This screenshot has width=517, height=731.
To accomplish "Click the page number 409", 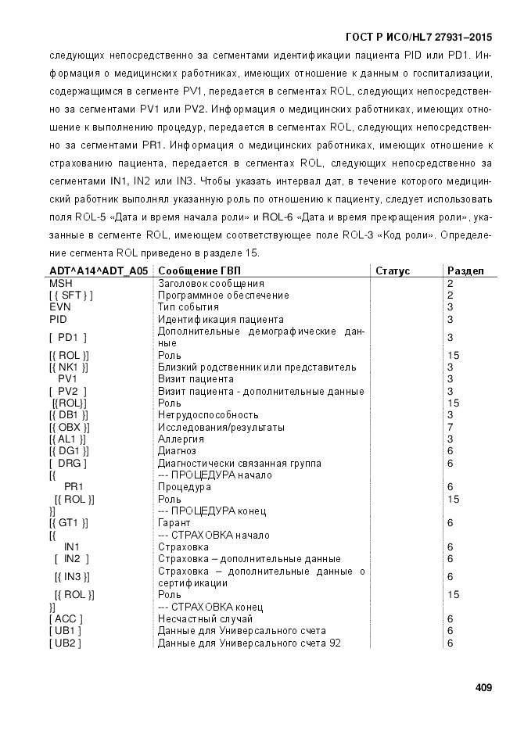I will tap(483, 688).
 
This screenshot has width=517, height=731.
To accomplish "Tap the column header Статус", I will tap(393, 271).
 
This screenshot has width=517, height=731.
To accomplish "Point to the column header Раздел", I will tap(465, 271).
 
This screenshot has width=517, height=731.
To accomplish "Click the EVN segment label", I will tap(60, 307).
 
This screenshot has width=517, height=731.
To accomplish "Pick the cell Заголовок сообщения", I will tap(210, 283).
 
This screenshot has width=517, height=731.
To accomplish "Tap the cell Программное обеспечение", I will tap(223, 296).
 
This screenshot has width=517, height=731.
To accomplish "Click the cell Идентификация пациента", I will tap(221, 320).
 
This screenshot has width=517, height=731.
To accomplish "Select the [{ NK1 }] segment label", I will tap(69, 367).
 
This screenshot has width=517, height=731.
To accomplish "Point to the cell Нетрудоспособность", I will tap(208, 414).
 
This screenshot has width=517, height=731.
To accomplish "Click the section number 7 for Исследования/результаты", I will tap(450, 427).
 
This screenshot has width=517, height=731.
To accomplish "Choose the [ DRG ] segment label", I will tap(67, 463).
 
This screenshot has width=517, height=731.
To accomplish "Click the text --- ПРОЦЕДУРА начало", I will tap(215, 475).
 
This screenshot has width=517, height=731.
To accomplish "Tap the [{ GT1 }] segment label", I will tap(69, 522).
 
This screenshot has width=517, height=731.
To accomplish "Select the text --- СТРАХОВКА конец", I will tap(210, 607).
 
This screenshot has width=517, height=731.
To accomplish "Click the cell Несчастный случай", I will tap(203, 618).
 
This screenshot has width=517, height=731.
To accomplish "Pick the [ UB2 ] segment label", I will tap(66, 643).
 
